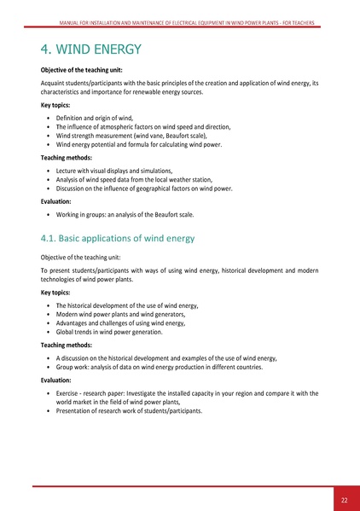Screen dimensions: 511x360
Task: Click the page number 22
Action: click(x=343, y=500)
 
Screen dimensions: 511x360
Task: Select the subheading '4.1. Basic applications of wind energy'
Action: click(x=118, y=237)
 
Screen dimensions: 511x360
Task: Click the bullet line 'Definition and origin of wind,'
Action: click(x=94, y=116)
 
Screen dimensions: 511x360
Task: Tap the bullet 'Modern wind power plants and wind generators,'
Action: click(x=119, y=313)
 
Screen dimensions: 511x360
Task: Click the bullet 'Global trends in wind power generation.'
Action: click(x=109, y=332)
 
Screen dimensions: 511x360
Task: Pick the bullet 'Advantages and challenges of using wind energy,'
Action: click(x=121, y=322)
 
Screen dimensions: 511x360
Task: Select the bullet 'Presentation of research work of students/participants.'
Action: click(x=129, y=410)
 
